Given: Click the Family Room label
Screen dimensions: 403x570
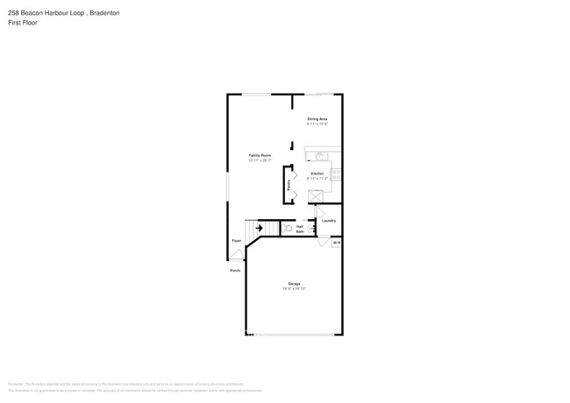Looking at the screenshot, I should [260, 155].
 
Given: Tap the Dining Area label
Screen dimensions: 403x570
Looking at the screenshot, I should [317, 118].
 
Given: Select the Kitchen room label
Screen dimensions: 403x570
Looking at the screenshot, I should [317, 173].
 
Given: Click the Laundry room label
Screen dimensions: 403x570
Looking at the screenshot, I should [329, 220].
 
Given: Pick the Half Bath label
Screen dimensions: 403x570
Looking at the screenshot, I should [300, 230].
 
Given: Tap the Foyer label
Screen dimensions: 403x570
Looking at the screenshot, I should [236, 240].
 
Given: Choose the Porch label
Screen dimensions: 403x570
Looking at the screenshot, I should [235, 271].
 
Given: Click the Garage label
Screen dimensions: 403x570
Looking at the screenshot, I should [294, 284].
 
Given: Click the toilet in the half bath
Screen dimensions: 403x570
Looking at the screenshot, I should [289, 228].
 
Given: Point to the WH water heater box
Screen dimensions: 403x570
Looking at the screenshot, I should [336, 242].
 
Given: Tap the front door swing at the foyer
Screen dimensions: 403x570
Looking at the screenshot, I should [237, 256].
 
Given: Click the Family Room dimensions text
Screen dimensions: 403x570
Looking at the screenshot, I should [260, 160].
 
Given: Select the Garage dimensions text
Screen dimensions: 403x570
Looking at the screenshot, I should [294, 289].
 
